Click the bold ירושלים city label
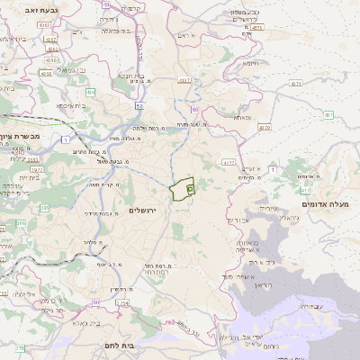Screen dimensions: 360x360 [x=143, y=210]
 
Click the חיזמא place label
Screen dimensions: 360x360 [x=251, y=62]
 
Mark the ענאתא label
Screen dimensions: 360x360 [x=241, y=117]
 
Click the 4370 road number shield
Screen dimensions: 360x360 [x=264, y=127]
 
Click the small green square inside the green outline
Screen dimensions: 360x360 [x=191, y=189]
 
